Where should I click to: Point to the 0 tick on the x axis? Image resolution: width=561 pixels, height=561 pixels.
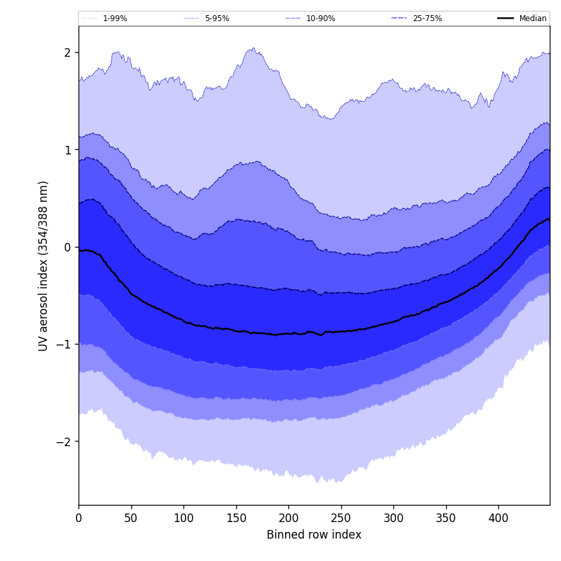[x=79, y=519]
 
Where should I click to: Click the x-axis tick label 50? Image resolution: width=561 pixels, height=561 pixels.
[x=131, y=519]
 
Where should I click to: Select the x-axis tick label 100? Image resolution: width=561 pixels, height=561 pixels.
[x=183, y=519]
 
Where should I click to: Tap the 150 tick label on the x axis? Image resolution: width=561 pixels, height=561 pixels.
[x=236, y=519]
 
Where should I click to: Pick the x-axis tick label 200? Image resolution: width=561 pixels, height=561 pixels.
[x=288, y=519]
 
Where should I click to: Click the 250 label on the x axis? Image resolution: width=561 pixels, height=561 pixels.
[x=341, y=519]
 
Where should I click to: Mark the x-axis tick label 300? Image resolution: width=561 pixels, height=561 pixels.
[x=393, y=519]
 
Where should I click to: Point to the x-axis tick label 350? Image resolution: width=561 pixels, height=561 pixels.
[x=445, y=519]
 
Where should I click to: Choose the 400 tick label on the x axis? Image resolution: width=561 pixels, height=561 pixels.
[x=498, y=519]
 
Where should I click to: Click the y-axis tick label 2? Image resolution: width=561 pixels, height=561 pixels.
[x=68, y=53]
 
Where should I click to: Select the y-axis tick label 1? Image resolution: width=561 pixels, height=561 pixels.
[x=68, y=150]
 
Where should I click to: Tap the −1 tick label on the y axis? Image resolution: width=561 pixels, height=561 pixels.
[x=65, y=345]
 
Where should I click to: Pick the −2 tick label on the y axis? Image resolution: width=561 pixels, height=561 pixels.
[x=65, y=442]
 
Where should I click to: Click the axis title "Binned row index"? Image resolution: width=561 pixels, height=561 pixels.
[x=314, y=535]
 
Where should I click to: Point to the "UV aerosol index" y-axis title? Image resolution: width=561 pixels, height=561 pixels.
[x=44, y=265]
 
